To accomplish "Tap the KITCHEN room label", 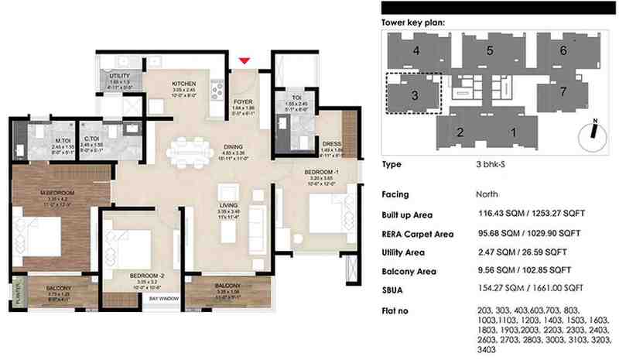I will pyautogui.click(x=184, y=84).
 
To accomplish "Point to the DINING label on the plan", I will pyautogui.click(x=234, y=146).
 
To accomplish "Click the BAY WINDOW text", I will pyautogui.click(x=162, y=298).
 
